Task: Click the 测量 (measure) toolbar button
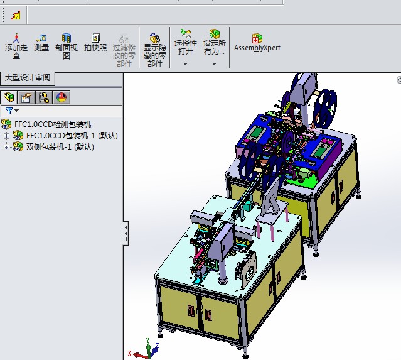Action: (41, 43)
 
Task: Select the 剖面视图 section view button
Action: (67, 45)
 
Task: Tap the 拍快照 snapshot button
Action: (95, 43)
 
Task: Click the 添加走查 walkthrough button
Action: (16, 45)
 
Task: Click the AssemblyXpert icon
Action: (257, 42)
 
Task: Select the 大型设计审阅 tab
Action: (27, 78)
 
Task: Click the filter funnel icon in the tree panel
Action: (9, 111)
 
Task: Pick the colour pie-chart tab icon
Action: (61, 97)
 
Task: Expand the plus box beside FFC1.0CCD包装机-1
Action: (7, 136)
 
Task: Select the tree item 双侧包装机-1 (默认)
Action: (60, 147)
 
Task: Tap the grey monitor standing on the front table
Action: (270, 194)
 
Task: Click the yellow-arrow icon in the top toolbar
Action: (16, 14)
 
